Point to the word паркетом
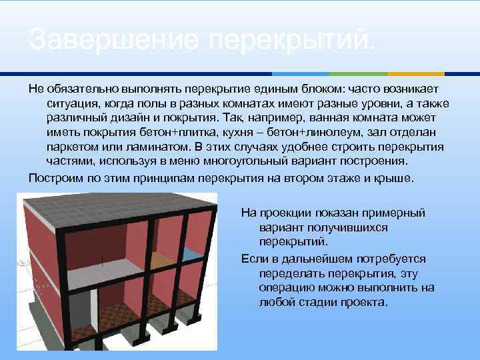click(73, 147)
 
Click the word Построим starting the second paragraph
click(54, 179)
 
